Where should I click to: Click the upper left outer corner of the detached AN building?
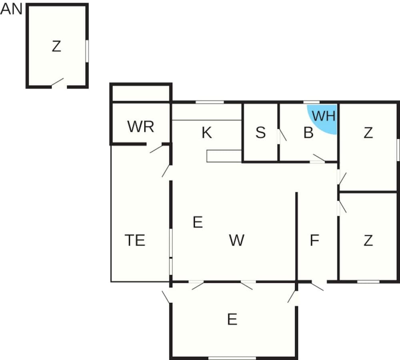pyautogui.click(x=26, y=4)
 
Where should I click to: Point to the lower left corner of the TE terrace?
pyautogui.click(x=111, y=282)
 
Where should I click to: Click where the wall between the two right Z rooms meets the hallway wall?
pyautogui.click(x=338, y=191)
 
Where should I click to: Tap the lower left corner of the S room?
pyautogui.click(x=243, y=162)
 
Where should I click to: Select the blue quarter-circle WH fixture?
pyautogui.click(x=322, y=119)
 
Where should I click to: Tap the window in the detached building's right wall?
pyautogui.click(x=87, y=51)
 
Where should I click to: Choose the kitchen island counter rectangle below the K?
pyautogui.click(x=224, y=156)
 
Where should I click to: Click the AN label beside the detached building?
pyautogui.click(x=12, y=9)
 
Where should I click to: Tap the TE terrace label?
pyautogui.click(x=135, y=240)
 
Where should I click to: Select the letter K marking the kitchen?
pyautogui.click(x=207, y=133)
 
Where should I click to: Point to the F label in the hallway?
pyautogui.click(x=314, y=240)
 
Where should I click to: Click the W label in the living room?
pyautogui.click(x=237, y=240)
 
